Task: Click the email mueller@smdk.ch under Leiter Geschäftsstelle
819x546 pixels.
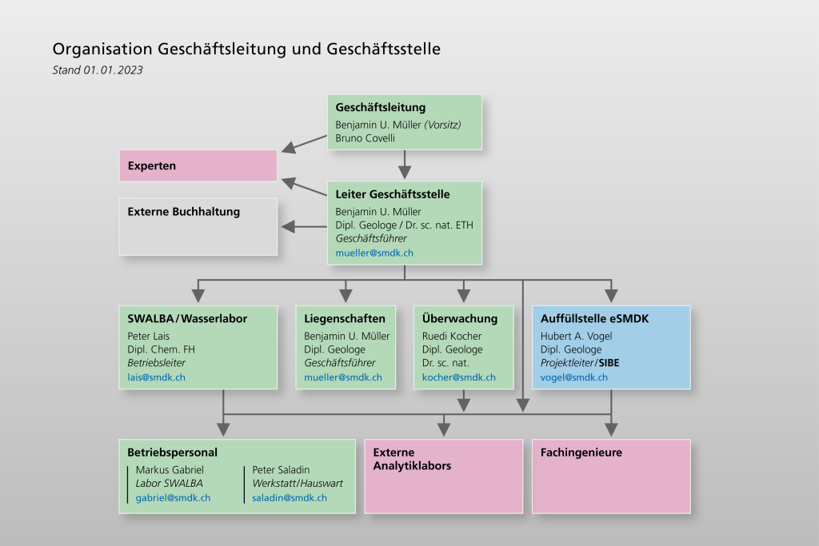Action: (x=374, y=253)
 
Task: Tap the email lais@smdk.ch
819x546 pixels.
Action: (x=156, y=377)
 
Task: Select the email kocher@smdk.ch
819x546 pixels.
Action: (x=458, y=377)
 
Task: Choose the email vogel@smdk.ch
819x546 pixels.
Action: (x=573, y=377)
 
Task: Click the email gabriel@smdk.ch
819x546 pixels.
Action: (x=173, y=497)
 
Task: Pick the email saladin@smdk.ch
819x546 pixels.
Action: (x=290, y=497)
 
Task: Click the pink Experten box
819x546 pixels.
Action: (x=198, y=165)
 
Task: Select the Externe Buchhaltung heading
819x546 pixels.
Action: (x=183, y=212)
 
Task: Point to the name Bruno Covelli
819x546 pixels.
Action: (x=366, y=137)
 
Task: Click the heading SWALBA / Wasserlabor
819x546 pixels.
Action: (x=187, y=318)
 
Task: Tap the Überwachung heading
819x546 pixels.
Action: (x=459, y=318)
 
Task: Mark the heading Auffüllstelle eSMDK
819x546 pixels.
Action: (x=594, y=318)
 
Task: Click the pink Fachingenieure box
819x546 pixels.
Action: (x=610, y=476)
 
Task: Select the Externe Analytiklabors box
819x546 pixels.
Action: (x=443, y=476)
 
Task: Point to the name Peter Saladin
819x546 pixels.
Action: (x=281, y=469)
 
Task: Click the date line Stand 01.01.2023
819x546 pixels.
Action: (x=97, y=70)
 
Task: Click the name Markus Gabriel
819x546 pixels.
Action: (x=169, y=469)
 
